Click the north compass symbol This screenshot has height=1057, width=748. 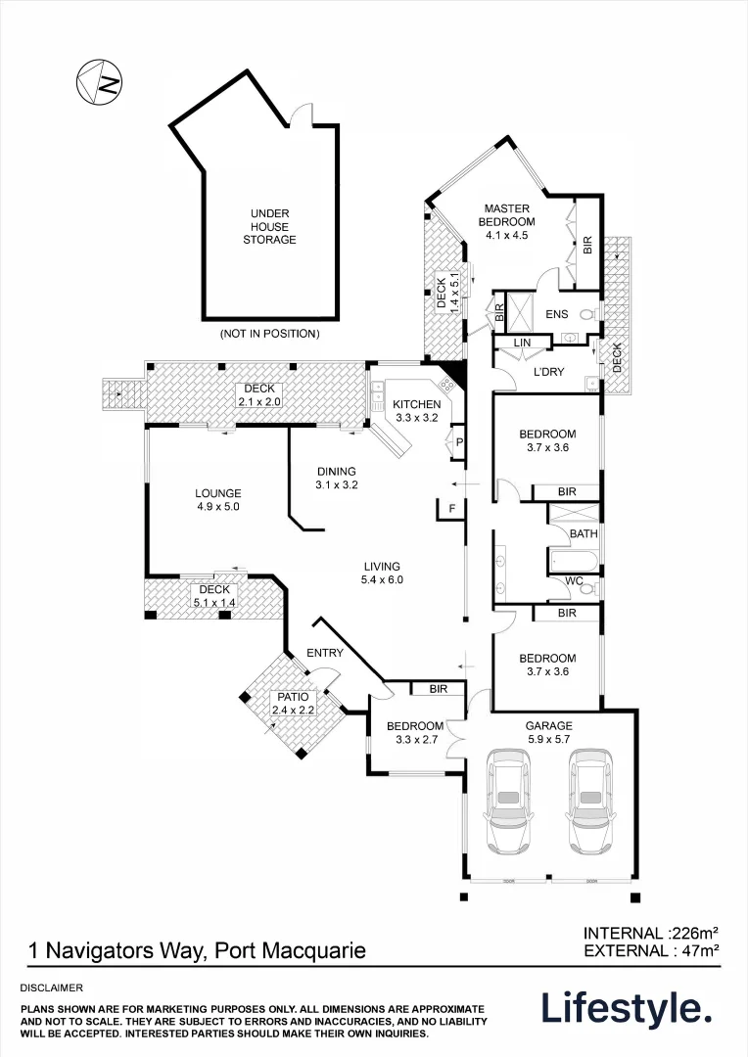click(x=99, y=79)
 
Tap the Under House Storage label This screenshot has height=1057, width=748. click(x=269, y=226)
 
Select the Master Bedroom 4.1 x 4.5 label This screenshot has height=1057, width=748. click(x=505, y=221)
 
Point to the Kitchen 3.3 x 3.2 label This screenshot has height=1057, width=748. click(x=416, y=411)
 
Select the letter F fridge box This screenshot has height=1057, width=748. click(x=451, y=509)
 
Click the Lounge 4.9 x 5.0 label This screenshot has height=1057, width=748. click(x=217, y=500)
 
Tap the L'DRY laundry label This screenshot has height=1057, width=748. click(x=549, y=373)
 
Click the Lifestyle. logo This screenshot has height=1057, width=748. click(x=627, y=1009)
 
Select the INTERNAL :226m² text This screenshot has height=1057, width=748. click(x=651, y=933)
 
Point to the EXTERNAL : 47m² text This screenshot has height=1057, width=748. click(x=651, y=950)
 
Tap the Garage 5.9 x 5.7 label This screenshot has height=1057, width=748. click(x=548, y=732)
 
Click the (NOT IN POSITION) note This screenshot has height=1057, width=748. click(x=269, y=334)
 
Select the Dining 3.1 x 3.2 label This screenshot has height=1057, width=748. click(x=335, y=478)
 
